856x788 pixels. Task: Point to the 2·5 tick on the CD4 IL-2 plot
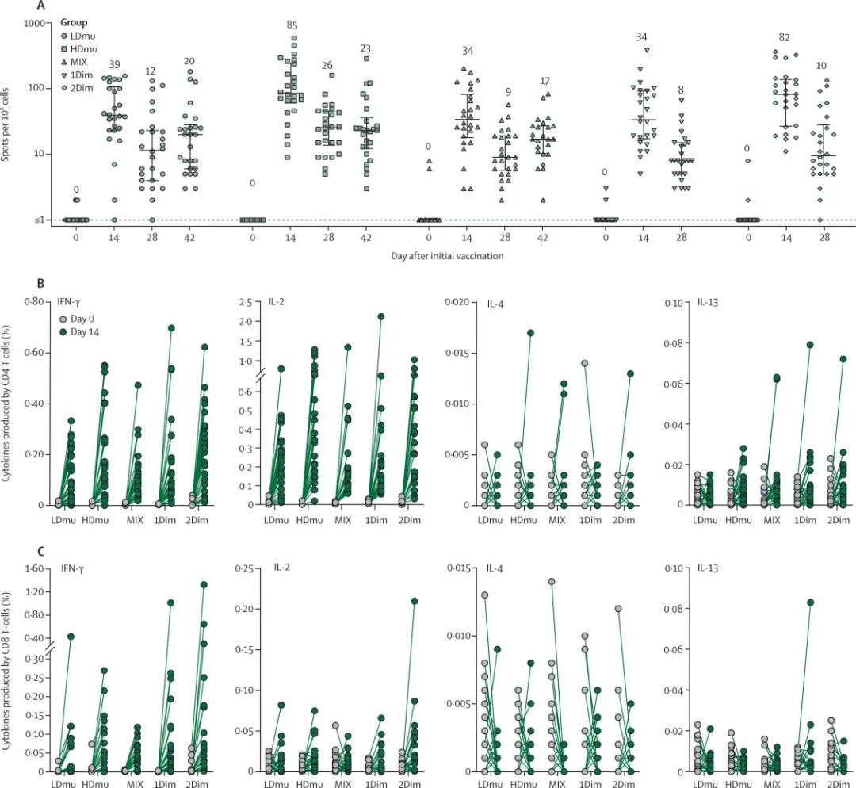coord(257,302)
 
